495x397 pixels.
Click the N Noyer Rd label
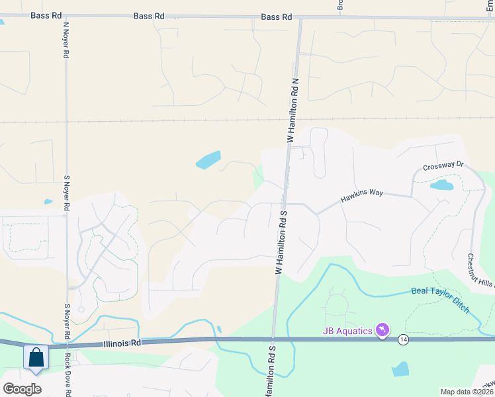66,41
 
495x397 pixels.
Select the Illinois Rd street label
123,343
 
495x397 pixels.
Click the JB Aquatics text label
347,330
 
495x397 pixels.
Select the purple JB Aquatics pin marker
382,330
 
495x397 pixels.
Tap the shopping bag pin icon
36,359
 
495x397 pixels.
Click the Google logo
22,388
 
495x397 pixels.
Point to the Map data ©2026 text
467,392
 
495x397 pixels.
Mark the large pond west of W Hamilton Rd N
208,160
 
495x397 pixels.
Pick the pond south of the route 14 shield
400,369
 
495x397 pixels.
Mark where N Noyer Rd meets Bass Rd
66,17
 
